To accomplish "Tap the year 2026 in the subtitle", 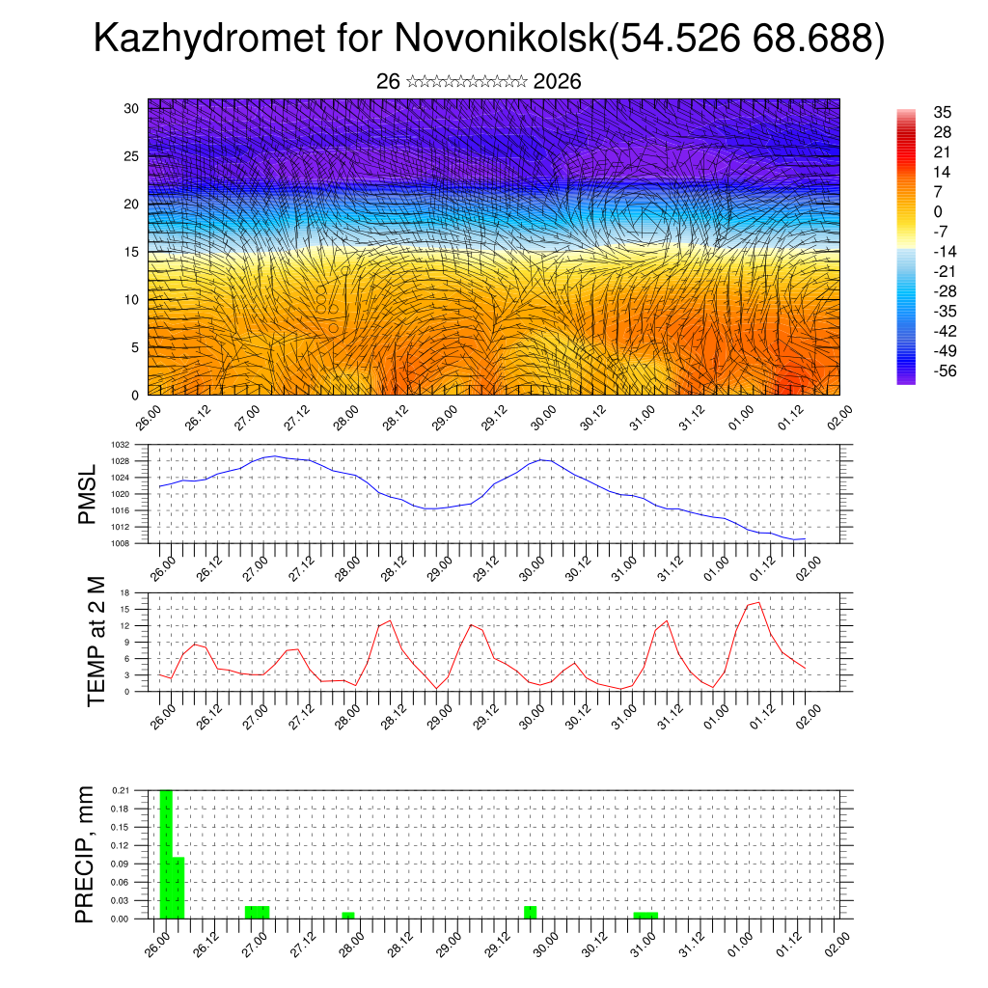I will pos(557,82).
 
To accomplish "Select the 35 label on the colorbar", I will pos(943,113).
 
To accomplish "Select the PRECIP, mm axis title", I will pos(87,854).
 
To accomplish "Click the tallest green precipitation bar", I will pos(165,854).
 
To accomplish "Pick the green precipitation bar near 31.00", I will pos(645,915).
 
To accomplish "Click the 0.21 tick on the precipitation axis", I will pos(120,790).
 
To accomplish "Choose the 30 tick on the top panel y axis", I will pos(131,108).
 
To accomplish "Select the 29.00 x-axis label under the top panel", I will pos(446,421).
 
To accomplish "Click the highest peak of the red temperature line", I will pos(758,602).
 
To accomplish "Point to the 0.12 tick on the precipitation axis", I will pos(120,845).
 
